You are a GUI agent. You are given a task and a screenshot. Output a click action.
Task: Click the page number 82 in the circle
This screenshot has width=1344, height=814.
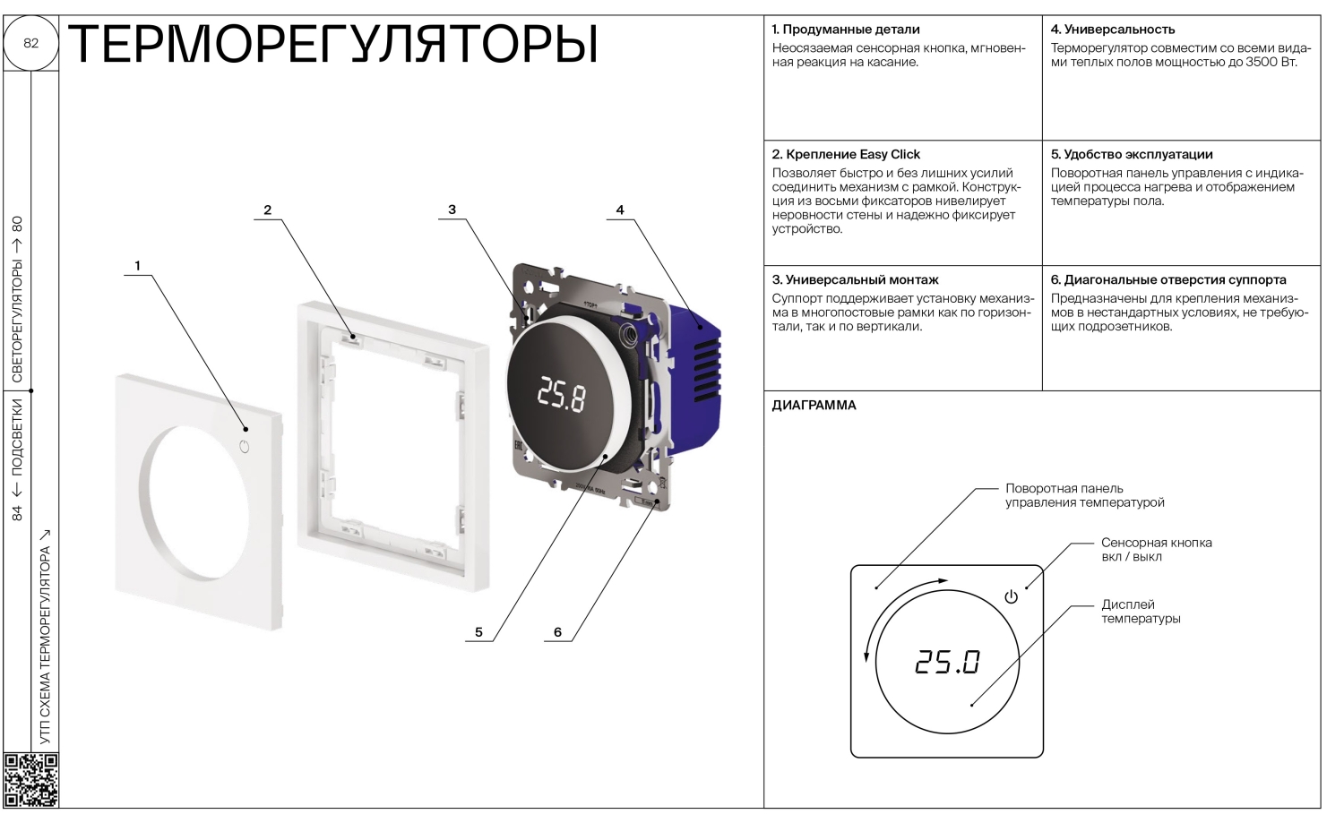point(30,43)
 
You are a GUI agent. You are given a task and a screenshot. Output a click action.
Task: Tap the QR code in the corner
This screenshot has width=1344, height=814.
point(31,780)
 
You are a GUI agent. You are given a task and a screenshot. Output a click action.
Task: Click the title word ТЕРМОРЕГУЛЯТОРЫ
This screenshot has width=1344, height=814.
point(333,44)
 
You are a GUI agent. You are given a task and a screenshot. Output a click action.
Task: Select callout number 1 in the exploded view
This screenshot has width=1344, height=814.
point(137,265)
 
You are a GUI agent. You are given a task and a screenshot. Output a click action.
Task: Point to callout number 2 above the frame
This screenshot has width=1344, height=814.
point(268,210)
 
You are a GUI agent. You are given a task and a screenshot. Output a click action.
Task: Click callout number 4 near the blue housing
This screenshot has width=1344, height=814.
point(620,210)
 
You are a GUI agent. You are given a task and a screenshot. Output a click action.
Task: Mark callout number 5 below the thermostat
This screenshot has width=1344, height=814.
point(478,631)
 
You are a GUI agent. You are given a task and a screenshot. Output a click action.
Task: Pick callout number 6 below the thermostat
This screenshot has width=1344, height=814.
point(557,631)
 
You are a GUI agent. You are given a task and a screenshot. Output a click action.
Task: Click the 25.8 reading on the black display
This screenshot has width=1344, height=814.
point(561,395)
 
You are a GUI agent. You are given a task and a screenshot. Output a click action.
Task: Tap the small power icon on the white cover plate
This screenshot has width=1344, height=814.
point(244,447)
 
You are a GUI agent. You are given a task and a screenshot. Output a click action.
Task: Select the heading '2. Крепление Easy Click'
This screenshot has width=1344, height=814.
point(846,154)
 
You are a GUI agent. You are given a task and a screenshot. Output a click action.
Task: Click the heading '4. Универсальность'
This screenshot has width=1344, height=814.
point(1113,29)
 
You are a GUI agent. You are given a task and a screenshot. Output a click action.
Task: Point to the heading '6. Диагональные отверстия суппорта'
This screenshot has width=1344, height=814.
point(1168,279)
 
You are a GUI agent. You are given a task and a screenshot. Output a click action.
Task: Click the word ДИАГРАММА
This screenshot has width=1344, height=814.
point(814,405)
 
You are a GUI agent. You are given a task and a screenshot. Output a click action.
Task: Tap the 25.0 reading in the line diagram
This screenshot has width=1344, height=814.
point(947,663)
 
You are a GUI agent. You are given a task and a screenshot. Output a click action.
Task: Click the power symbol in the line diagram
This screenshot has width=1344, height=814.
point(1011,597)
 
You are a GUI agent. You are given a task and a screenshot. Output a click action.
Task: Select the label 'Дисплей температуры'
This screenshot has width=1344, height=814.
point(1141,612)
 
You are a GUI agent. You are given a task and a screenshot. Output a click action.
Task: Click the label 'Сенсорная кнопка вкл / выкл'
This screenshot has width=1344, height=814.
point(1156,550)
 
